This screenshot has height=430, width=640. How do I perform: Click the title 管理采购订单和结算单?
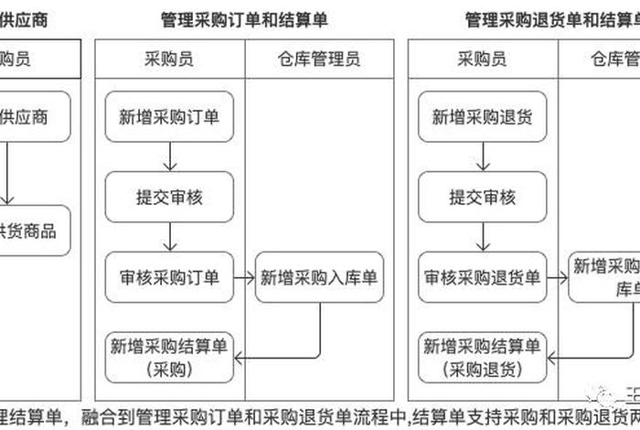[243, 20]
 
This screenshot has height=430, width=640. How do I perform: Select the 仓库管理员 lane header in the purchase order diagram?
[319, 59]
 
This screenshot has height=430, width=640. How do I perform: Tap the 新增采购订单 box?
[170, 116]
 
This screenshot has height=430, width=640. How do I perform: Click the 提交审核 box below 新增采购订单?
[170, 197]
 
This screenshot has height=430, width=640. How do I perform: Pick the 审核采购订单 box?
[170, 277]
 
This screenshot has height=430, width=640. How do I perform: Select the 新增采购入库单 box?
[319, 277]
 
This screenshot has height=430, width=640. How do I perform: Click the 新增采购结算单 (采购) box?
[170, 357]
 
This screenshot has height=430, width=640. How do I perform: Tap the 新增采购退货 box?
[483, 116]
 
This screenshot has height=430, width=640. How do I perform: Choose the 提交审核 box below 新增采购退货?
[483, 197]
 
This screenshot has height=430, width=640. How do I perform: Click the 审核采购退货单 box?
[483, 277]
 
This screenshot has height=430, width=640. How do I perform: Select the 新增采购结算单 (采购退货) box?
[483, 357]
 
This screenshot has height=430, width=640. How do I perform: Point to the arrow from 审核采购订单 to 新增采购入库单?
[244, 277]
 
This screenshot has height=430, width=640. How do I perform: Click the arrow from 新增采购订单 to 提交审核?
[170, 156]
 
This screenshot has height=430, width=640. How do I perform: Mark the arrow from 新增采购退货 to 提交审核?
[483, 156]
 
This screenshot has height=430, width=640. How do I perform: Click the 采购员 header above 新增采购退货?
[483, 59]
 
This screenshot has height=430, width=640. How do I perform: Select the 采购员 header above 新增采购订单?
[170, 59]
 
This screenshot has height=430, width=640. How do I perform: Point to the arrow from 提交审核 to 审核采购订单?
[170, 237]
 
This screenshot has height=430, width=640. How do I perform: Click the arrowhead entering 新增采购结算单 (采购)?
[241, 357]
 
